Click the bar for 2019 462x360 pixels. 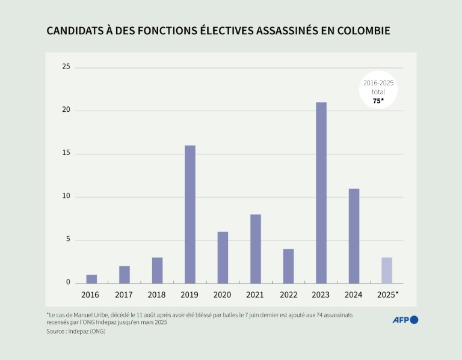(190, 214)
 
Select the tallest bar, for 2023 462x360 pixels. (321, 192)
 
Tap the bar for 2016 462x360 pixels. (91, 279)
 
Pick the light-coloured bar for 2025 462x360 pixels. (387, 270)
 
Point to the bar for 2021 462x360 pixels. (256, 249)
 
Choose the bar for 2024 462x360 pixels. (354, 236)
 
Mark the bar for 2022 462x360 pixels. (288, 266)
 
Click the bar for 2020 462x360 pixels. (223, 257)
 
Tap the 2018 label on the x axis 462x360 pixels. (157, 294)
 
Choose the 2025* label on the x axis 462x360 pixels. (388, 294)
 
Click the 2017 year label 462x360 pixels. (124, 294)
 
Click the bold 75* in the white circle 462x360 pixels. (378, 101)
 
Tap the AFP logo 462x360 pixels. (405, 320)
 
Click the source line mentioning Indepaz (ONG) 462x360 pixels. (75, 331)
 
